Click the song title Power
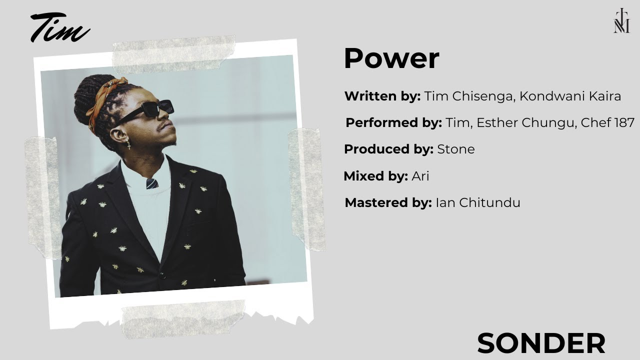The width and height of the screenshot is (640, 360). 391,58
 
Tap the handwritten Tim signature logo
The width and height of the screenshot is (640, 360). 60,27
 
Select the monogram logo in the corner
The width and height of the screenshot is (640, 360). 621,20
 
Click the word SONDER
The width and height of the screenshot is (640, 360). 541,343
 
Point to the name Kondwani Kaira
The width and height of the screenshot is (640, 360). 570,96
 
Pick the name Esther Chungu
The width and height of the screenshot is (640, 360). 525,123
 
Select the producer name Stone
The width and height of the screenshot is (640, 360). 456,149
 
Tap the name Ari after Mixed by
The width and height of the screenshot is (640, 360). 420,176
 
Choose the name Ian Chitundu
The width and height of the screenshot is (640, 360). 478,203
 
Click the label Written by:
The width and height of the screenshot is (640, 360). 382,96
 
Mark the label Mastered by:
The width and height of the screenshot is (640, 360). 388,203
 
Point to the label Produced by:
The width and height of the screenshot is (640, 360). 389,149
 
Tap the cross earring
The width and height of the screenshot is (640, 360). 129,144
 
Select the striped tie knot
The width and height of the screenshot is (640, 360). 152,183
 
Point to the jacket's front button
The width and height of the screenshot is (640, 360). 162,275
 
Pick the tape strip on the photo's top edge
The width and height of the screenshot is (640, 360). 173,54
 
